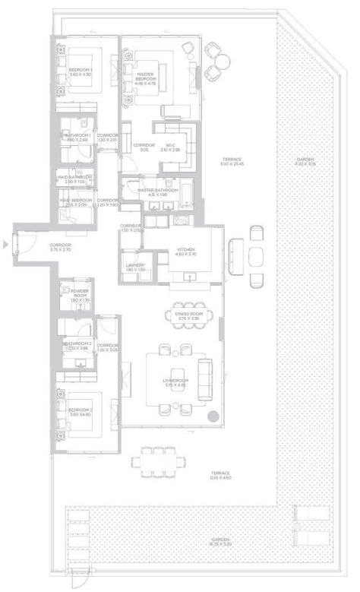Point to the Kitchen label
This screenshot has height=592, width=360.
187,252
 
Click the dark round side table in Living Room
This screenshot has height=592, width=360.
213,416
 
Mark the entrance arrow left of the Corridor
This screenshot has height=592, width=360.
6,245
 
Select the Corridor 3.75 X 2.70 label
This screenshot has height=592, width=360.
60,247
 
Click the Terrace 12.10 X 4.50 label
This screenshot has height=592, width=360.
222,475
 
